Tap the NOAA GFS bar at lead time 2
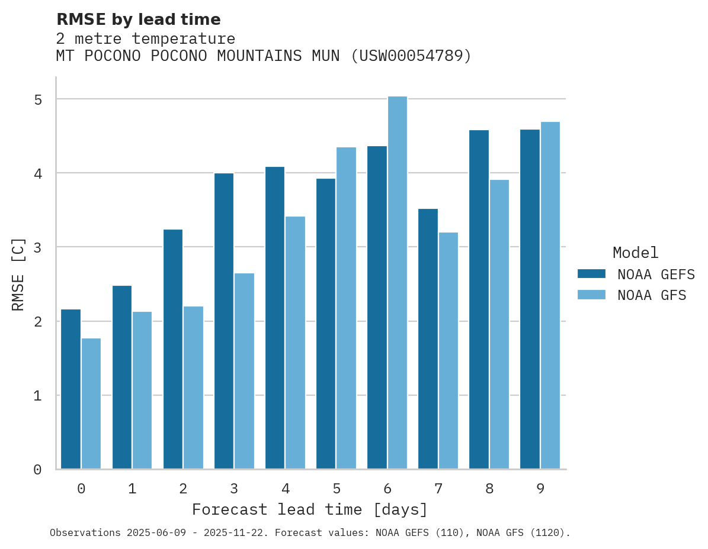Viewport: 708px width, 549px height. click(x=193, y=387)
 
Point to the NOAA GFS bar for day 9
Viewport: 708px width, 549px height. click(x=550, y=296)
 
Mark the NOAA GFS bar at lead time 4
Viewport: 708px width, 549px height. click(x=295, y=343)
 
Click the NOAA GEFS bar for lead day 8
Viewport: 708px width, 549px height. click(x=479, y=299)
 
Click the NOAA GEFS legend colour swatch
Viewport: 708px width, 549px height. click(x=591, y=274)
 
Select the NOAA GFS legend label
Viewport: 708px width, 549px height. click(x=652, y=295)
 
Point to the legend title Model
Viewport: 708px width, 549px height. click(x=635, y=253)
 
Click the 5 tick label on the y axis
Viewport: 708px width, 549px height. click(x=38, y=99)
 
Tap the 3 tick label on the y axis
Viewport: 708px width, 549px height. click(x=38, y=247)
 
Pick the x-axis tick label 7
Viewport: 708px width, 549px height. click(x=438, y=489)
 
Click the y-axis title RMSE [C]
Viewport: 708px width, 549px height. click(x=18, y=274)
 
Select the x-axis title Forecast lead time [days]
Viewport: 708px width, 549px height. click(x=310, y=510)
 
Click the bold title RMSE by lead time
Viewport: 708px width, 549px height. click(x=139, y=20)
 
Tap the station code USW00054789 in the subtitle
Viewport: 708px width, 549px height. click(x=411, y=56)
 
